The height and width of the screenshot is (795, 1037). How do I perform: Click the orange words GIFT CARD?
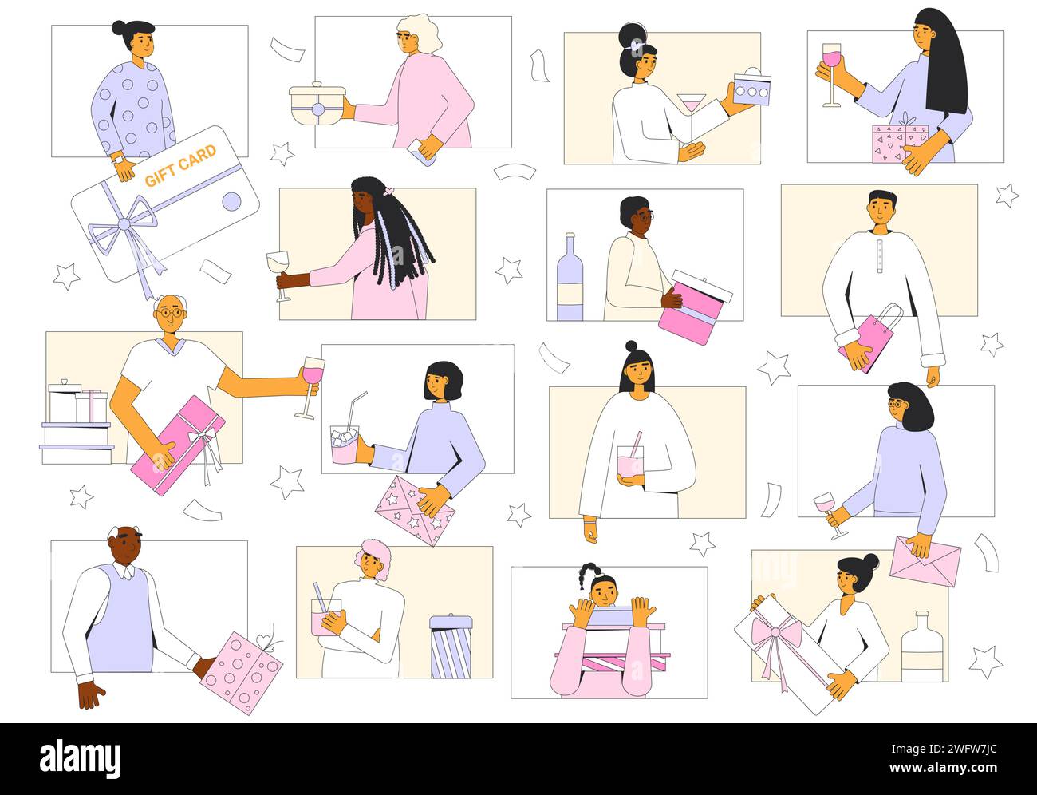pyautogui.click(x=180, y=166)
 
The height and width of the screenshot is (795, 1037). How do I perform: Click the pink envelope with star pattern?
pyautogui.click(x=414, y=510)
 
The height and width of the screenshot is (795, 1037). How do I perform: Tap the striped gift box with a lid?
pyautogui.click(x=451, y=647)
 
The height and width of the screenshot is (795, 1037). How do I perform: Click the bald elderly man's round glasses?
pyautogui.click(x=171, y=313)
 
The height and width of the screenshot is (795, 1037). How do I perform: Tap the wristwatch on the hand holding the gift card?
pyautogui.click(x=118, y=159)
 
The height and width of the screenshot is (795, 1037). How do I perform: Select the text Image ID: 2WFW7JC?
pyautogui.click(x=944, y=749)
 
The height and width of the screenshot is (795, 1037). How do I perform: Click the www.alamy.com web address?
pyautogui.click(x=943, y=768)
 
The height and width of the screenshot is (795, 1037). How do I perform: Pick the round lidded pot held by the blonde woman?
pyautogui.click(x=317, y=103)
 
